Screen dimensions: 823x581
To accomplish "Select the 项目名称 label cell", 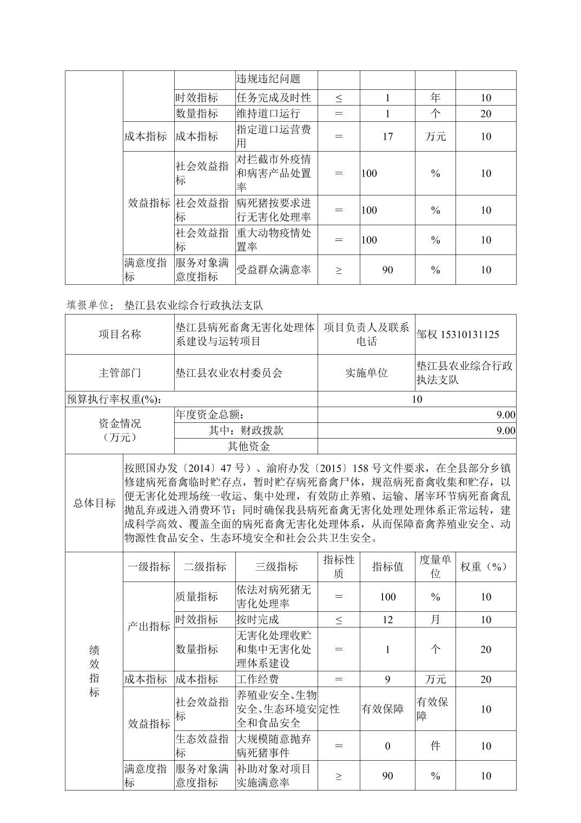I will (x=120, y=334).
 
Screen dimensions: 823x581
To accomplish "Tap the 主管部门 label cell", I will (x=120, y=373).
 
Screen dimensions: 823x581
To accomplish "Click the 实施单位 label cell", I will (x=366, y=373).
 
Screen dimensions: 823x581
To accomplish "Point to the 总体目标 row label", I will (x=94, y=502).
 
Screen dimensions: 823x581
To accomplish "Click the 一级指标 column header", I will (x=149, y=566).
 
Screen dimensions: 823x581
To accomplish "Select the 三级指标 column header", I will (x=276, y=566).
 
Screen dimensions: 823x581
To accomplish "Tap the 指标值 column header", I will (x=387, y=566).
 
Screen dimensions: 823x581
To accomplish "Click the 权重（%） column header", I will (x=485, y=566).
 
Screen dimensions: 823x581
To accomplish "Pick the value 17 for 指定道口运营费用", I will (x=387, y=136).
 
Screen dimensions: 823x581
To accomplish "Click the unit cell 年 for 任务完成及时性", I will (x=435, y=97).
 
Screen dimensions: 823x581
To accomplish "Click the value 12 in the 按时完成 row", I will (x=387, y=619).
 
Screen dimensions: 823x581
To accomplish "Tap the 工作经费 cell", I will (x=258, y=679).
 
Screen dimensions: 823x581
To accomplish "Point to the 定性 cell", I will (x=329, y=709).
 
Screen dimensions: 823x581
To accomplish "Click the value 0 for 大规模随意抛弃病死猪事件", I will (x=387, y=746).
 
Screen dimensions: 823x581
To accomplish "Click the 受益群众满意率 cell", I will (x=274, y=270).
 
